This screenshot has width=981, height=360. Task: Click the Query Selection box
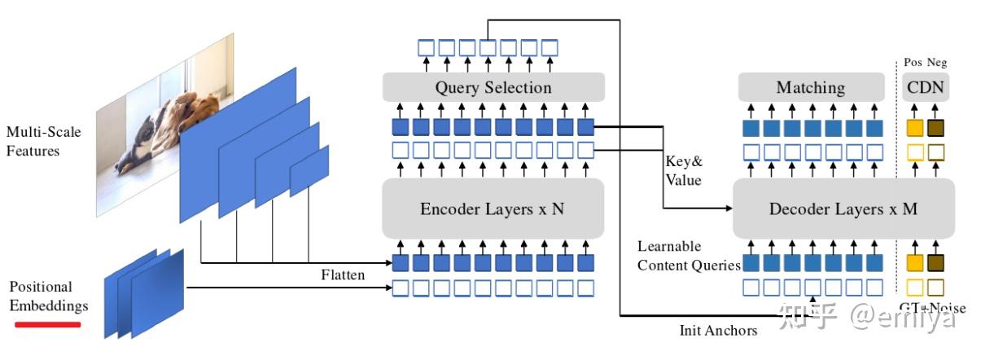coord(493,87)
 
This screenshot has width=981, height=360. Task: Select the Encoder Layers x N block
coord(493,209)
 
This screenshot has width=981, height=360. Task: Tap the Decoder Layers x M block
coord(843,209)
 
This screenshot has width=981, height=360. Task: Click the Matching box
coord(811,87)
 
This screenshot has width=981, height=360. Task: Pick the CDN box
coord(925,87)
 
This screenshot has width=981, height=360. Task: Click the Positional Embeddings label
coord(48,296)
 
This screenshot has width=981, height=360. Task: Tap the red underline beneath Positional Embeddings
coord(47,324)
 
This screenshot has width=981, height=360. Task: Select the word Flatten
coord(342,274)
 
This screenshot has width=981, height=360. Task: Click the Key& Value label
coord(684,170)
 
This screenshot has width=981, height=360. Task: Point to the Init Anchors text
coord(718,331)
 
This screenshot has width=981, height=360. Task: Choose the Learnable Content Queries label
coord(689,256)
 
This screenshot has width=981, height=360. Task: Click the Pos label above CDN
coord(913,63)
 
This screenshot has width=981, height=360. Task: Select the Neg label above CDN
coord(937,63)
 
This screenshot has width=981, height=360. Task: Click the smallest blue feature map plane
coord(309,172)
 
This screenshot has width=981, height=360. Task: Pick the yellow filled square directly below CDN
coord(915,127)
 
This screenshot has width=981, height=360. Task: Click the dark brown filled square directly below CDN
coord(935,127)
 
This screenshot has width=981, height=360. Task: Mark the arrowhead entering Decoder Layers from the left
coord(727,209)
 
